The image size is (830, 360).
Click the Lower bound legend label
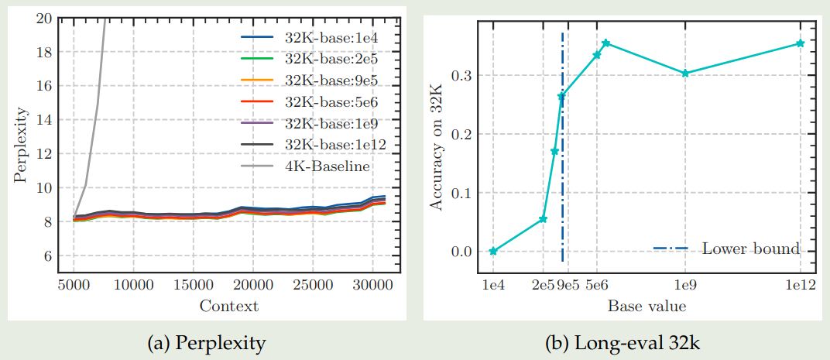point(750,249)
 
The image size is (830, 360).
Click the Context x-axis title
point(228,306)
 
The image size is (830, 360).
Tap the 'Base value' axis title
point(647,307)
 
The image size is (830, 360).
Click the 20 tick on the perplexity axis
point(43,18)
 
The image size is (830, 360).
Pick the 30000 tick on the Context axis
point(373,286)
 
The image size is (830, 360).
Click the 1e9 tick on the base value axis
point(685,286)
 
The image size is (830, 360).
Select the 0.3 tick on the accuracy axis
point(461,75)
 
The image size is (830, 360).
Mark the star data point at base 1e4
point(493,251)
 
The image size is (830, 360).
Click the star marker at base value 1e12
point(801,43)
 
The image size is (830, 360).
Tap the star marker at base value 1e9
point(685,74)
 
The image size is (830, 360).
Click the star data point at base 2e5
point(543,219)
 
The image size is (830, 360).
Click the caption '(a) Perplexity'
point(207,341)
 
